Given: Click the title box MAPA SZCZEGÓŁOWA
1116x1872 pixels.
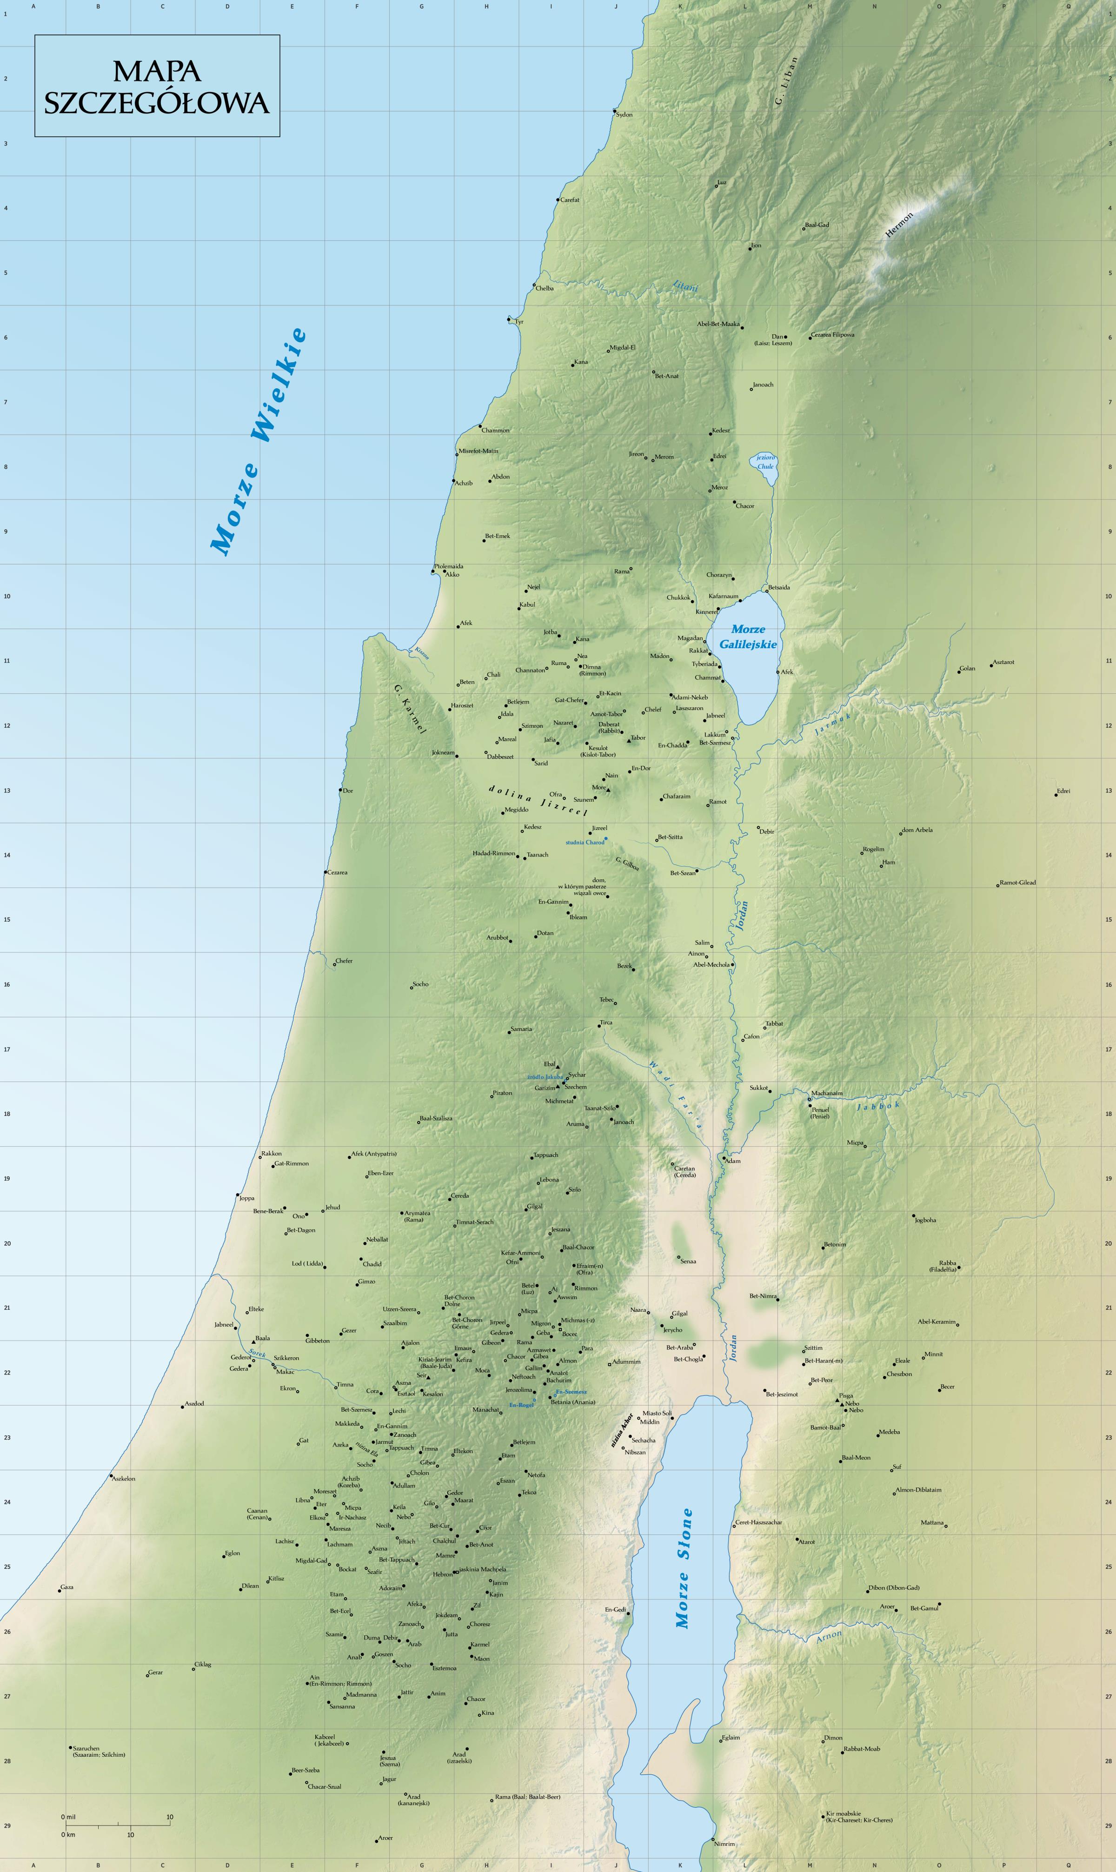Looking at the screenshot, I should [157, 86].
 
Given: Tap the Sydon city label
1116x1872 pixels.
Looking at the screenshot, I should [624, 115].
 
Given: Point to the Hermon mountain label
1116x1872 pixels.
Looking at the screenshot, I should [899, 225].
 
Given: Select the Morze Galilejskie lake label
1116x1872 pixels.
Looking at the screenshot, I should [748, 637].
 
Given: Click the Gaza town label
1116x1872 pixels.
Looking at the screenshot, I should [67, 1587].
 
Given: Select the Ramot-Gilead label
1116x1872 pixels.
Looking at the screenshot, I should [1017, 883].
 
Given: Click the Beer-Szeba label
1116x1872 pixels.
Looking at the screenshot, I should [306, 1770].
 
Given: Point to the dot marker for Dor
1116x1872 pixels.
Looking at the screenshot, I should [341, 790].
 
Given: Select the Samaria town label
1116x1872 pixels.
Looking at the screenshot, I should [521, 1029].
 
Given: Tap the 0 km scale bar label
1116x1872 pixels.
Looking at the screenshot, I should [68, 1834].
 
